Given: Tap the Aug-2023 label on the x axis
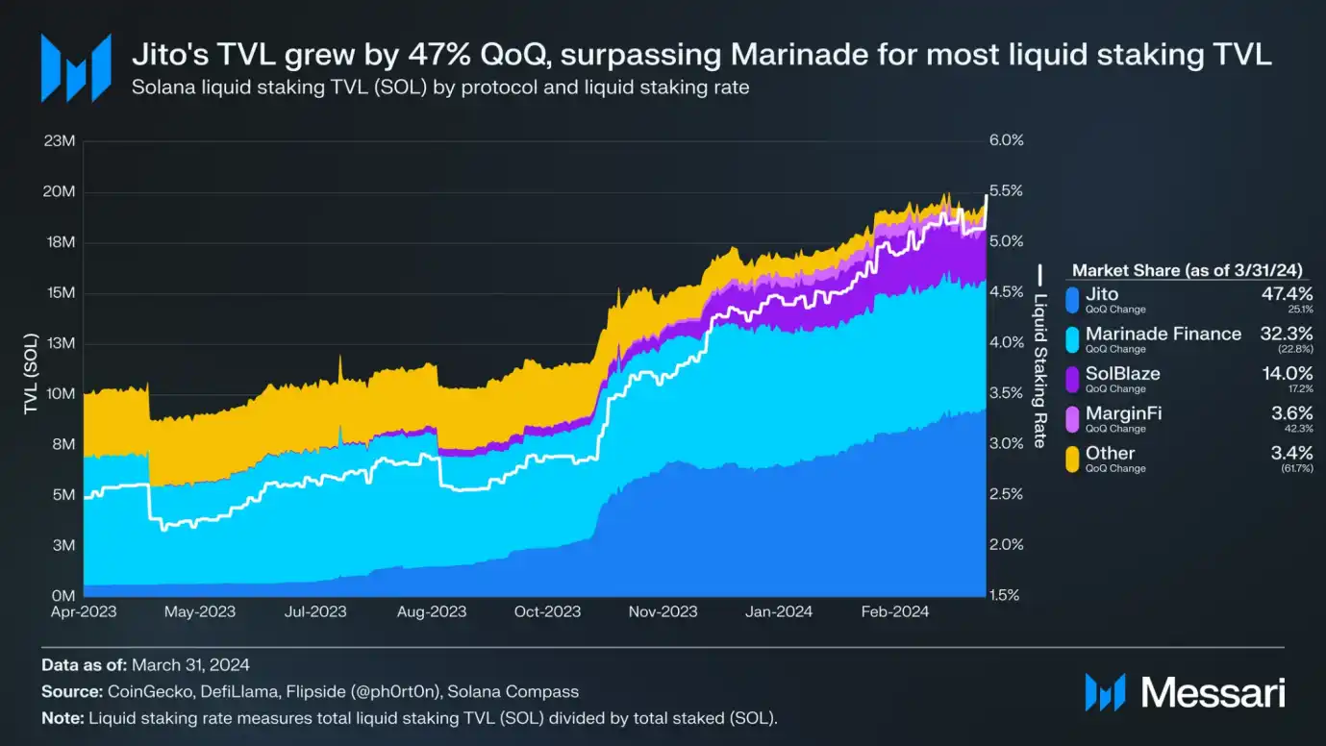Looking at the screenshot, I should coord(434,611).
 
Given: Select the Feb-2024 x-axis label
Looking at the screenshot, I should coord(889,611).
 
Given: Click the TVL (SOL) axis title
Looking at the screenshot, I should coord(31,369).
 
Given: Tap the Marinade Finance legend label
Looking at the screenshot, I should coord(1163,334).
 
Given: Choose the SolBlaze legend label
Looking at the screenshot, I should coord(1122,374).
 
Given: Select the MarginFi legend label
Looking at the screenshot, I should coord(1123,413).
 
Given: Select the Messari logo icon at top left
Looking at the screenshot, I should coord(75,68).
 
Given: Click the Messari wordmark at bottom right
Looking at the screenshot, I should coord(1213,692).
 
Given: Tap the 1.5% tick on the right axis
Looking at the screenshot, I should coord(1005,595).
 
